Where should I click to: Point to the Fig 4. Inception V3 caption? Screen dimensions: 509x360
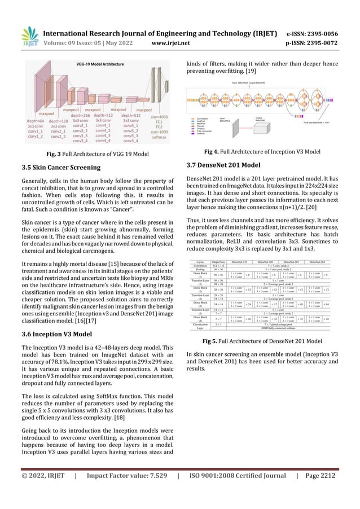[265, 152]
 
